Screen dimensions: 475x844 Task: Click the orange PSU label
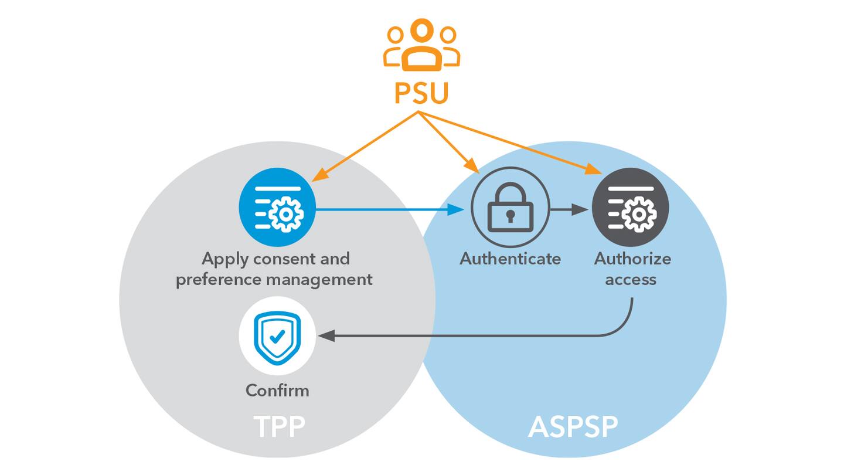point(421,93)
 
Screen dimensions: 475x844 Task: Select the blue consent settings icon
point(277,207)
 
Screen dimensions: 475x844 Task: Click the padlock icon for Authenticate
point(511,207)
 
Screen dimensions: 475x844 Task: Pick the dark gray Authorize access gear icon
point(630,207)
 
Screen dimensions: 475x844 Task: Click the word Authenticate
point(510,259)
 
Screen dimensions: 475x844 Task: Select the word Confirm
point(277,391)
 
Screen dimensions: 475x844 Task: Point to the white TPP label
point(279,427)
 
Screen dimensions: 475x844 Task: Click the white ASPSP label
point(573,427)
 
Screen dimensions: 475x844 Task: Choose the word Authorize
point(632,259)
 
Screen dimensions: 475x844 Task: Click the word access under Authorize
point(631,279)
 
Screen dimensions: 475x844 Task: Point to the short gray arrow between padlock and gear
point(569,209)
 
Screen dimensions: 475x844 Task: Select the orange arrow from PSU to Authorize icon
point(510,142)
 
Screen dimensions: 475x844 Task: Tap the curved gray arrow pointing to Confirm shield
point(469,336)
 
